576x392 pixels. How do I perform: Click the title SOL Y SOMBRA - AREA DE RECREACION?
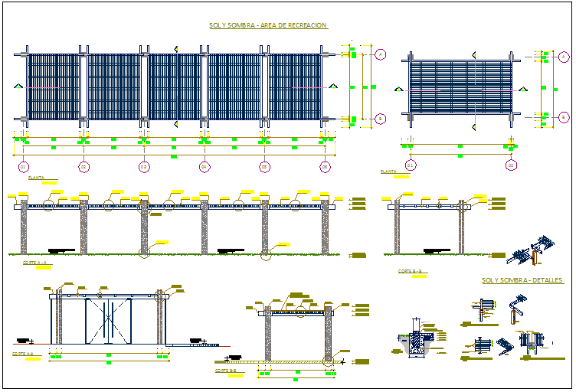coord(268,25)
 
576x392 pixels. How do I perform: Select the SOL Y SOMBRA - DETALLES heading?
coord(522,280)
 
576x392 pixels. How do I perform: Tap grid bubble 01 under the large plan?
coord(23,166)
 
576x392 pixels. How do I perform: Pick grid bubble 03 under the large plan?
coord(143,166)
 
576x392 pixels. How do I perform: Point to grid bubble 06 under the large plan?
coord(325,166)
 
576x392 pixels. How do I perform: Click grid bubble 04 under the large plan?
coord(204,166)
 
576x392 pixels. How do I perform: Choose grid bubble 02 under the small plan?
coord(511,165)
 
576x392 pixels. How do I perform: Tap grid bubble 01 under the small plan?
coord(411,165)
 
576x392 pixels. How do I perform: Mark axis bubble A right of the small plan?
coord(564,57)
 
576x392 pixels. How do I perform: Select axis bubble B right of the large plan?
coord(381,119)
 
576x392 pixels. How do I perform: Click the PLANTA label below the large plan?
coord(36,178)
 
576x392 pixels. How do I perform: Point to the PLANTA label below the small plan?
coord(388,172)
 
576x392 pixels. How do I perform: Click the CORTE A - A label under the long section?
coord(34,263)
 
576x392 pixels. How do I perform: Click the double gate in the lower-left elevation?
coord(108,320)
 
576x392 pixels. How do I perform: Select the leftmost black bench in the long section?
coord(61,250)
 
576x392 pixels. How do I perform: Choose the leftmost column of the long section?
coord(24,227)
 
